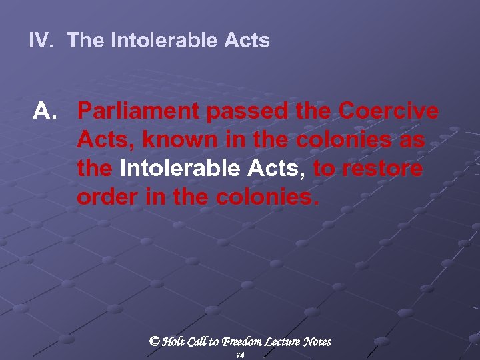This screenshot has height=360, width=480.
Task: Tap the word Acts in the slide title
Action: click(247, 41)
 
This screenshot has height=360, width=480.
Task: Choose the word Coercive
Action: click(389, 112)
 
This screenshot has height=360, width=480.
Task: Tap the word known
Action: click(171, 141)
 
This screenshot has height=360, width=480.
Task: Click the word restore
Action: click(382, 169)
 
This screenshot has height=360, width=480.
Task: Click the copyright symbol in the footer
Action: click(155, 341)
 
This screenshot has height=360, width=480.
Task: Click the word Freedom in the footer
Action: click(246, 341)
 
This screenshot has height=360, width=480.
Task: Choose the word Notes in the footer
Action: click(317, 341)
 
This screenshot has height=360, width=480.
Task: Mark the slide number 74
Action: click(240, 355)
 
